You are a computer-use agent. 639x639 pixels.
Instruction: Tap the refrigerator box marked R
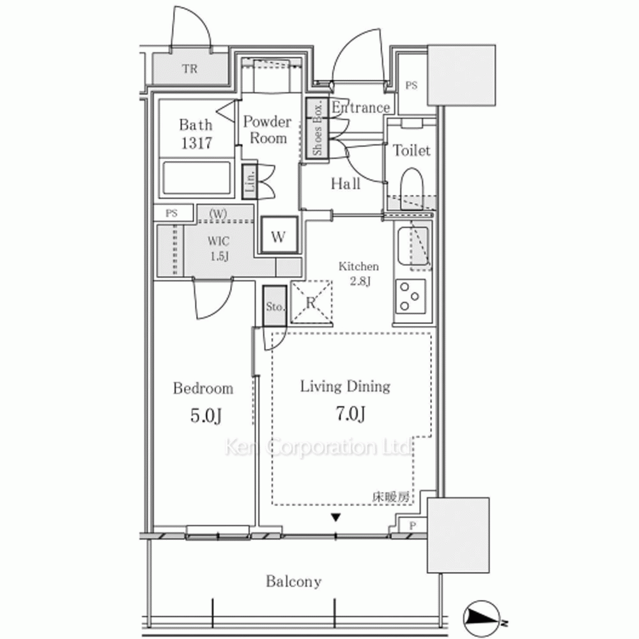311,302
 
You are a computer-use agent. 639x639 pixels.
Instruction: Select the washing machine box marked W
279,236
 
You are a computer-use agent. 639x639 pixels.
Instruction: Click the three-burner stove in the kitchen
410,296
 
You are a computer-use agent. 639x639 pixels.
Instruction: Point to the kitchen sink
413,246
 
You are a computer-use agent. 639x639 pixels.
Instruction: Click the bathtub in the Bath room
197,178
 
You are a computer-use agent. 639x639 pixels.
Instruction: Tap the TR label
190,68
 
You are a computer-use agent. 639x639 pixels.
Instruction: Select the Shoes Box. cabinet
318,129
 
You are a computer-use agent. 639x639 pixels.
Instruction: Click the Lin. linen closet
249,181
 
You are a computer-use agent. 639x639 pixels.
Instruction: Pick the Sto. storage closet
275,305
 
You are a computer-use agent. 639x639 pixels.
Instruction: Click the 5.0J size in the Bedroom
206,416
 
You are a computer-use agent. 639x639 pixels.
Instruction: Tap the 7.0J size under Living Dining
350,413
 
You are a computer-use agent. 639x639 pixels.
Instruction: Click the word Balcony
293,581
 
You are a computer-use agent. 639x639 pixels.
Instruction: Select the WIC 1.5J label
219,249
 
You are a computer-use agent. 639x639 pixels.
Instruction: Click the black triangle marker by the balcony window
335,518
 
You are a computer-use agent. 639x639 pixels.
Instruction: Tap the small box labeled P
412,526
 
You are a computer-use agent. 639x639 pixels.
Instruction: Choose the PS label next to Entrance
411,86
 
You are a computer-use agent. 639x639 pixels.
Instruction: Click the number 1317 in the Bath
196,143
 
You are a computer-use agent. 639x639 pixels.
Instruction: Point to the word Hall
346,184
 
